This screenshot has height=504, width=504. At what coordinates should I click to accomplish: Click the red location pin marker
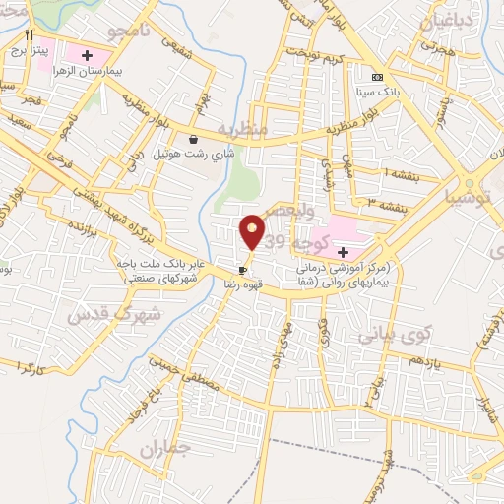click(252, 231)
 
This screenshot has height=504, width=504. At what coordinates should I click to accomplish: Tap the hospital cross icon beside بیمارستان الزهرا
click(88, 54)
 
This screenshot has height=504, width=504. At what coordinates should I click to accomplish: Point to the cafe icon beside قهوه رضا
click(242, 269)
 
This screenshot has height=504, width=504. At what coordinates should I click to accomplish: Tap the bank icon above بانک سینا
click(377, 77)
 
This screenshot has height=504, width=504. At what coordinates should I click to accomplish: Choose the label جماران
click(162, 451)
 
